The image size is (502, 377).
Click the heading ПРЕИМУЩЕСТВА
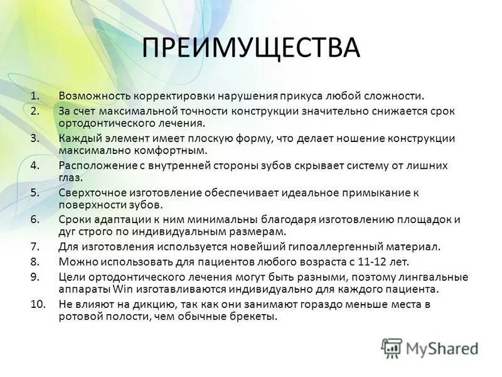pyautogui.click(x=251, y=48)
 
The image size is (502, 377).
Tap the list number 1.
pyautogui.click(x=35, y=96)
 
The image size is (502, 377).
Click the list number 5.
pyautogui.click(x=35, y=192)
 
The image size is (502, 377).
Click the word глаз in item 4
pyautogui.click(x=70, y=178)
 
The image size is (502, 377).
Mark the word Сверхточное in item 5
pyautogui.click(x=90, y=192)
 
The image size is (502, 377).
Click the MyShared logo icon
pyautogui.click(x=392, y=348)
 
